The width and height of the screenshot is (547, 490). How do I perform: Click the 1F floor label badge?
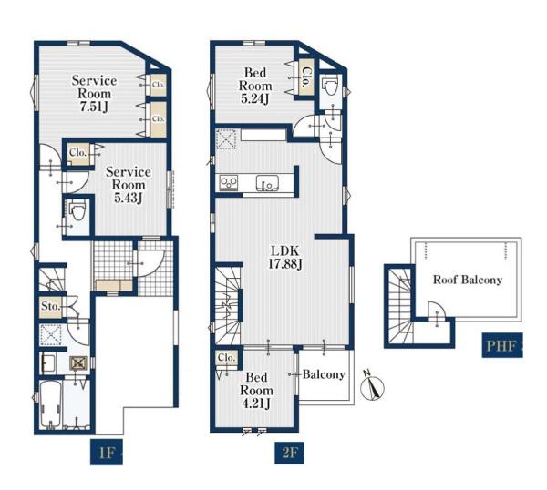point(107,452)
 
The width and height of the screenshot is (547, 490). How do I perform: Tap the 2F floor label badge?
point(289,453)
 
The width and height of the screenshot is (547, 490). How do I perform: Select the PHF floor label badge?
point(502,345)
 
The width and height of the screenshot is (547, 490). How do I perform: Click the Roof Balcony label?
point(468,280)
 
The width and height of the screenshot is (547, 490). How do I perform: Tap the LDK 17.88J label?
point(285,258)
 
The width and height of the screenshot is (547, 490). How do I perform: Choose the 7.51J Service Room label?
point(94,94)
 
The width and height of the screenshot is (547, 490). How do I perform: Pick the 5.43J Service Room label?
point(129,185)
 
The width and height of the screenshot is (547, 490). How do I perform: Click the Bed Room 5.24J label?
point(255,86)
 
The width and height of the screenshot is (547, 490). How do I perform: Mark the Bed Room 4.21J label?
point(256,390)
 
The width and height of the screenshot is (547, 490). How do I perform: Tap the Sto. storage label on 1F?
point(51,307)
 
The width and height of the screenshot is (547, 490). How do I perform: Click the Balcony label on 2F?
point(324,374)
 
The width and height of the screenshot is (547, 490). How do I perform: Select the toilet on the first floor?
point(77,210)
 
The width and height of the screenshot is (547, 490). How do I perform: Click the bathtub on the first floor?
point(50,405)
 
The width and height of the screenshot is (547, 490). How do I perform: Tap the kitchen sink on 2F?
point(267,183)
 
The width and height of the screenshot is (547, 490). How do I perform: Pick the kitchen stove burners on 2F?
point(229,183)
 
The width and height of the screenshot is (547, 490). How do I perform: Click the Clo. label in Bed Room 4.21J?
point(226,358)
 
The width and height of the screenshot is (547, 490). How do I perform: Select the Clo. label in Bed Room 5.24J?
point(306,77)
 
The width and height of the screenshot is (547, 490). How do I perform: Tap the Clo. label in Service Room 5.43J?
point(77,152)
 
